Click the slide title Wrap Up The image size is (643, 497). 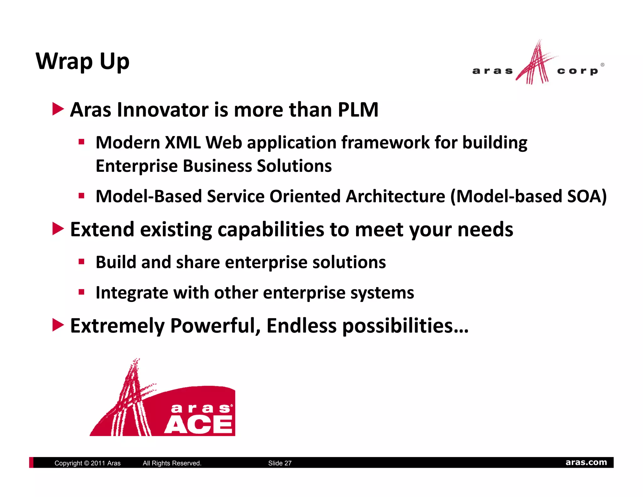pos(83,61)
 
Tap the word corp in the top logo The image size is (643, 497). pos(577,71)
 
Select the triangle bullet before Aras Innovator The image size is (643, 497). pos(58,109)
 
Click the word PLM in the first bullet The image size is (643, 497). pos(358,110)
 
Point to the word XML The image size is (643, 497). pos(183,143)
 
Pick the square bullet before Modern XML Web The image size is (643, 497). pos(82,142)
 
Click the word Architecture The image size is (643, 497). pos(395,196)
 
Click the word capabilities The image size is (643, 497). pos(271,230)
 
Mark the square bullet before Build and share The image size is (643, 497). pos(82,261)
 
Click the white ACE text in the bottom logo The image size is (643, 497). pos(198,424)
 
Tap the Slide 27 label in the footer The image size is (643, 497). pos(280,463)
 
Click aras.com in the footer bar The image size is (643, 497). pos(586,462)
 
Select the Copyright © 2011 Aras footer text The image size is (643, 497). pos(87,463)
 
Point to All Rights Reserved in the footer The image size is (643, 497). pos(172,463)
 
